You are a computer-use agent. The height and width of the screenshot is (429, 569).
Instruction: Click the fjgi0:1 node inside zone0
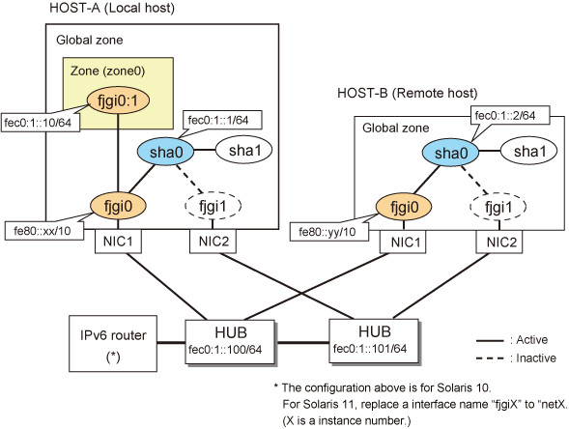tap(118, 100)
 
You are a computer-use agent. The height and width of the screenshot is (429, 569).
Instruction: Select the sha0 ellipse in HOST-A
tap(165, 152)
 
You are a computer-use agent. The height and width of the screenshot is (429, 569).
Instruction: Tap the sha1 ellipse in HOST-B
tap(528, 152)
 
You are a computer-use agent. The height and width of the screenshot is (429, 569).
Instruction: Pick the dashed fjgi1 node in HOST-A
tap(213, 206)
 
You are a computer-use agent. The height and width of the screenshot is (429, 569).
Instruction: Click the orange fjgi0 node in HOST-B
tap(404, 207)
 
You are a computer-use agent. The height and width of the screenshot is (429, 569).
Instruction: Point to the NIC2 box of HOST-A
tap(213, 242)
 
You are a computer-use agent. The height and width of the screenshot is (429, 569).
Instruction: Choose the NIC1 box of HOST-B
tap(403, 242)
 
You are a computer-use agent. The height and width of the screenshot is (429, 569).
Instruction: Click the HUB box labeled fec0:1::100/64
tap(230, 342)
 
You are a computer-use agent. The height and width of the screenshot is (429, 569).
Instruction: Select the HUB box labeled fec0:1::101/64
tap(374, 341)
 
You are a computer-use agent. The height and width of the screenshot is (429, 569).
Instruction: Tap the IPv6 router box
tap(113, 343)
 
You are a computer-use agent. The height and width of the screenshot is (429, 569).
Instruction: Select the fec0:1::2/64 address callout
tap(510, 115)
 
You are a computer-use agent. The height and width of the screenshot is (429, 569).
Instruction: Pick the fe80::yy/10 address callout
tap(329, 231)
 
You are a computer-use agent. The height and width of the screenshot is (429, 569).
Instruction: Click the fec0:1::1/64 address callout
tap(222, 120)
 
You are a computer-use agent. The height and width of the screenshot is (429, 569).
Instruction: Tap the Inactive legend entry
tap(516, 358)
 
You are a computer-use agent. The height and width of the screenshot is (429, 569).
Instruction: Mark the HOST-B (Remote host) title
tap(407, 94)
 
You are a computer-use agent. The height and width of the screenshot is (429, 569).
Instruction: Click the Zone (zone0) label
tap(107, 71)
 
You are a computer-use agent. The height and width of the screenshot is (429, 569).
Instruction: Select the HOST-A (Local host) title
tap(112, 8)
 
